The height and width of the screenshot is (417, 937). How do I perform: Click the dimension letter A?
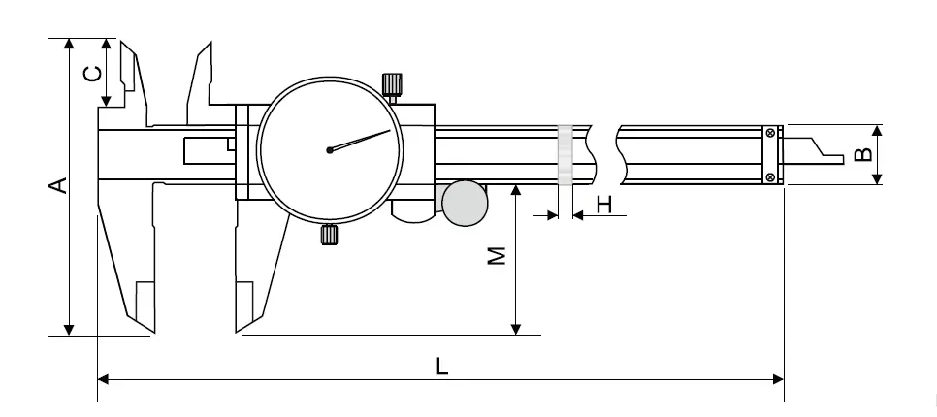click(58, 185)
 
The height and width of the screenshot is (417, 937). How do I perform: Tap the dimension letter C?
click(91, 74)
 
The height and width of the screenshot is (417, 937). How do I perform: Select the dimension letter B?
click(863, 155)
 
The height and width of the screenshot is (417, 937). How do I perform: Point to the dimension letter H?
click(604, 205)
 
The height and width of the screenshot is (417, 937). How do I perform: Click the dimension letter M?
click(497, 256)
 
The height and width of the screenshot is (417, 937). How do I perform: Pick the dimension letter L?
click(441, 367)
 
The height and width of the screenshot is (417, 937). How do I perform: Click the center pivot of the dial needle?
click(329, 150)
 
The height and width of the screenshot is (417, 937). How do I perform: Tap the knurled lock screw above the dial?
click(392, 84)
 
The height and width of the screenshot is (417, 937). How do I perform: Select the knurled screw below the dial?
click(330, 234)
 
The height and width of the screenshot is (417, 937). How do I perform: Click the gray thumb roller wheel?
click(465, 203)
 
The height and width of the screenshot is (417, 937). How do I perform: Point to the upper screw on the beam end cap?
click(771, 133)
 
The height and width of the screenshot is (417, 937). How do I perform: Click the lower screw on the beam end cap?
click(771, 176)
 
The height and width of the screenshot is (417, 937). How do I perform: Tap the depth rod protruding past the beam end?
click(814, 150)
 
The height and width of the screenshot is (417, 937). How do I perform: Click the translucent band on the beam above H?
click(565, 155)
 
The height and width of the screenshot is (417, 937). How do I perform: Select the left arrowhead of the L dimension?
click(103, 379)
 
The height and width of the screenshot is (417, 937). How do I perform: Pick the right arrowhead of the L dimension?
click(778, 379)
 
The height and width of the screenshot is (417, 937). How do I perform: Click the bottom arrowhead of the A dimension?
click(69, 329)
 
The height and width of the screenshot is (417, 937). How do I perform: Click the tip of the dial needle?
click(390, 130)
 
